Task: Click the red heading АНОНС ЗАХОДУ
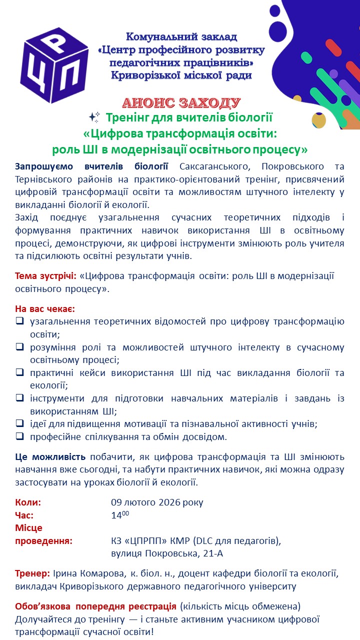point(181,103)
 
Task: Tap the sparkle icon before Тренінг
point(94,117)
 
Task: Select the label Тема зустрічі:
point(46,276)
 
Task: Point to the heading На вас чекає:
point(45,308)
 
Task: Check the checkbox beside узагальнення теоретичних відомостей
point(19,321)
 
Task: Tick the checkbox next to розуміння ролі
point(19,347)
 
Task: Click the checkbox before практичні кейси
point(19,372)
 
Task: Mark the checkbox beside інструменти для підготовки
point(19,398)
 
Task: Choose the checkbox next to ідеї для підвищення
point(19,423)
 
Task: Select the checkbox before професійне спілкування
point(19,436)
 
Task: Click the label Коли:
point(28,502)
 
